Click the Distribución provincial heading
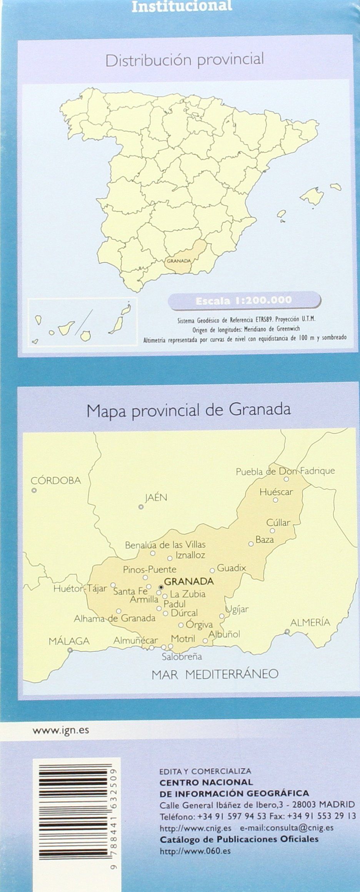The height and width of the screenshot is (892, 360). click(185, 60)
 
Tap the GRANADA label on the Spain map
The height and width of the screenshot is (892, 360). click(178, 261)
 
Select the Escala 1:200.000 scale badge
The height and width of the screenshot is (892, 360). click(244, 300)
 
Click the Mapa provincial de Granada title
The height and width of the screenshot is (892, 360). click(188, 410)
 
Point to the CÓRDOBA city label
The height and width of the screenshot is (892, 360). click(56, 481)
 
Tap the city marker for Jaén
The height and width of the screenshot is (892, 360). click(141, 507)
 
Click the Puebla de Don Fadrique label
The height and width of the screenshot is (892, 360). click(285, 471)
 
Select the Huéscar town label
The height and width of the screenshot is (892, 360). click(276, 492)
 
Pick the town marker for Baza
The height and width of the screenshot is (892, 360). click(251, 544)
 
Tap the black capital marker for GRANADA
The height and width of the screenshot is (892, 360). click(161, 587)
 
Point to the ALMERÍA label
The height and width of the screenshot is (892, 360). click(310, 622)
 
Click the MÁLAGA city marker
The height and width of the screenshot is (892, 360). click(70, 650)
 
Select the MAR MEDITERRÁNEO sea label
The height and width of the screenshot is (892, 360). click(215, 674)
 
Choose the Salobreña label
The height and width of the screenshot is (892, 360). click(182, 657)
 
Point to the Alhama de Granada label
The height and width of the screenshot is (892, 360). click(115, 619)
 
